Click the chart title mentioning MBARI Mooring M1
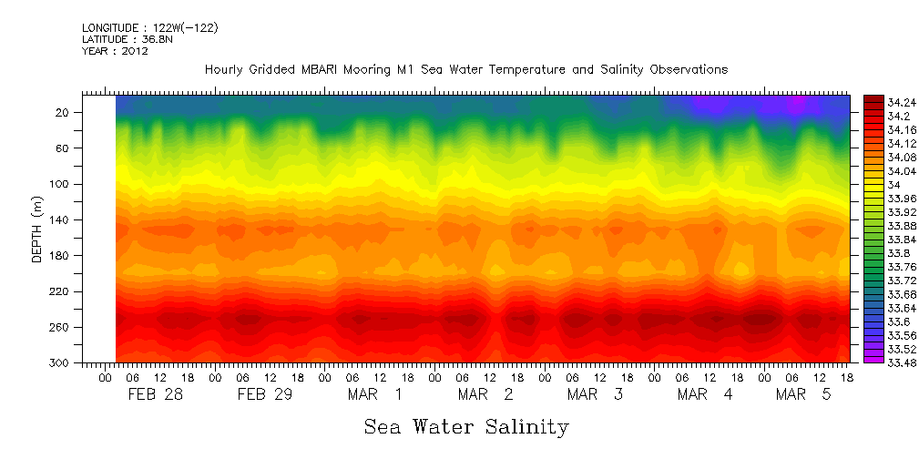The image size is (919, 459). tap(466, 70)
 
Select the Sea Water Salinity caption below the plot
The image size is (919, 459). tap(466, 426)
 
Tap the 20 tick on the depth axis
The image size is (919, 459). tap(63, 112)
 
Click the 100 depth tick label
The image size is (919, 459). tap(60, 184)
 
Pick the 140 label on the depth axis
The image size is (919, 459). tap(60, 219)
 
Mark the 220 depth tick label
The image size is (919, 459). tap(60, 291)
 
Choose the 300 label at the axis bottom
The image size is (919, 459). tap(60, 362)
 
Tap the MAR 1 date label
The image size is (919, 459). tap(373, 394)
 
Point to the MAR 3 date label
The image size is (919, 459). tap(594, 394)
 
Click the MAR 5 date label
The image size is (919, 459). tap(802, 394)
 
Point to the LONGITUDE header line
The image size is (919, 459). tap(149, 28)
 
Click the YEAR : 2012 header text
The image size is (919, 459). tap(115, 51)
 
